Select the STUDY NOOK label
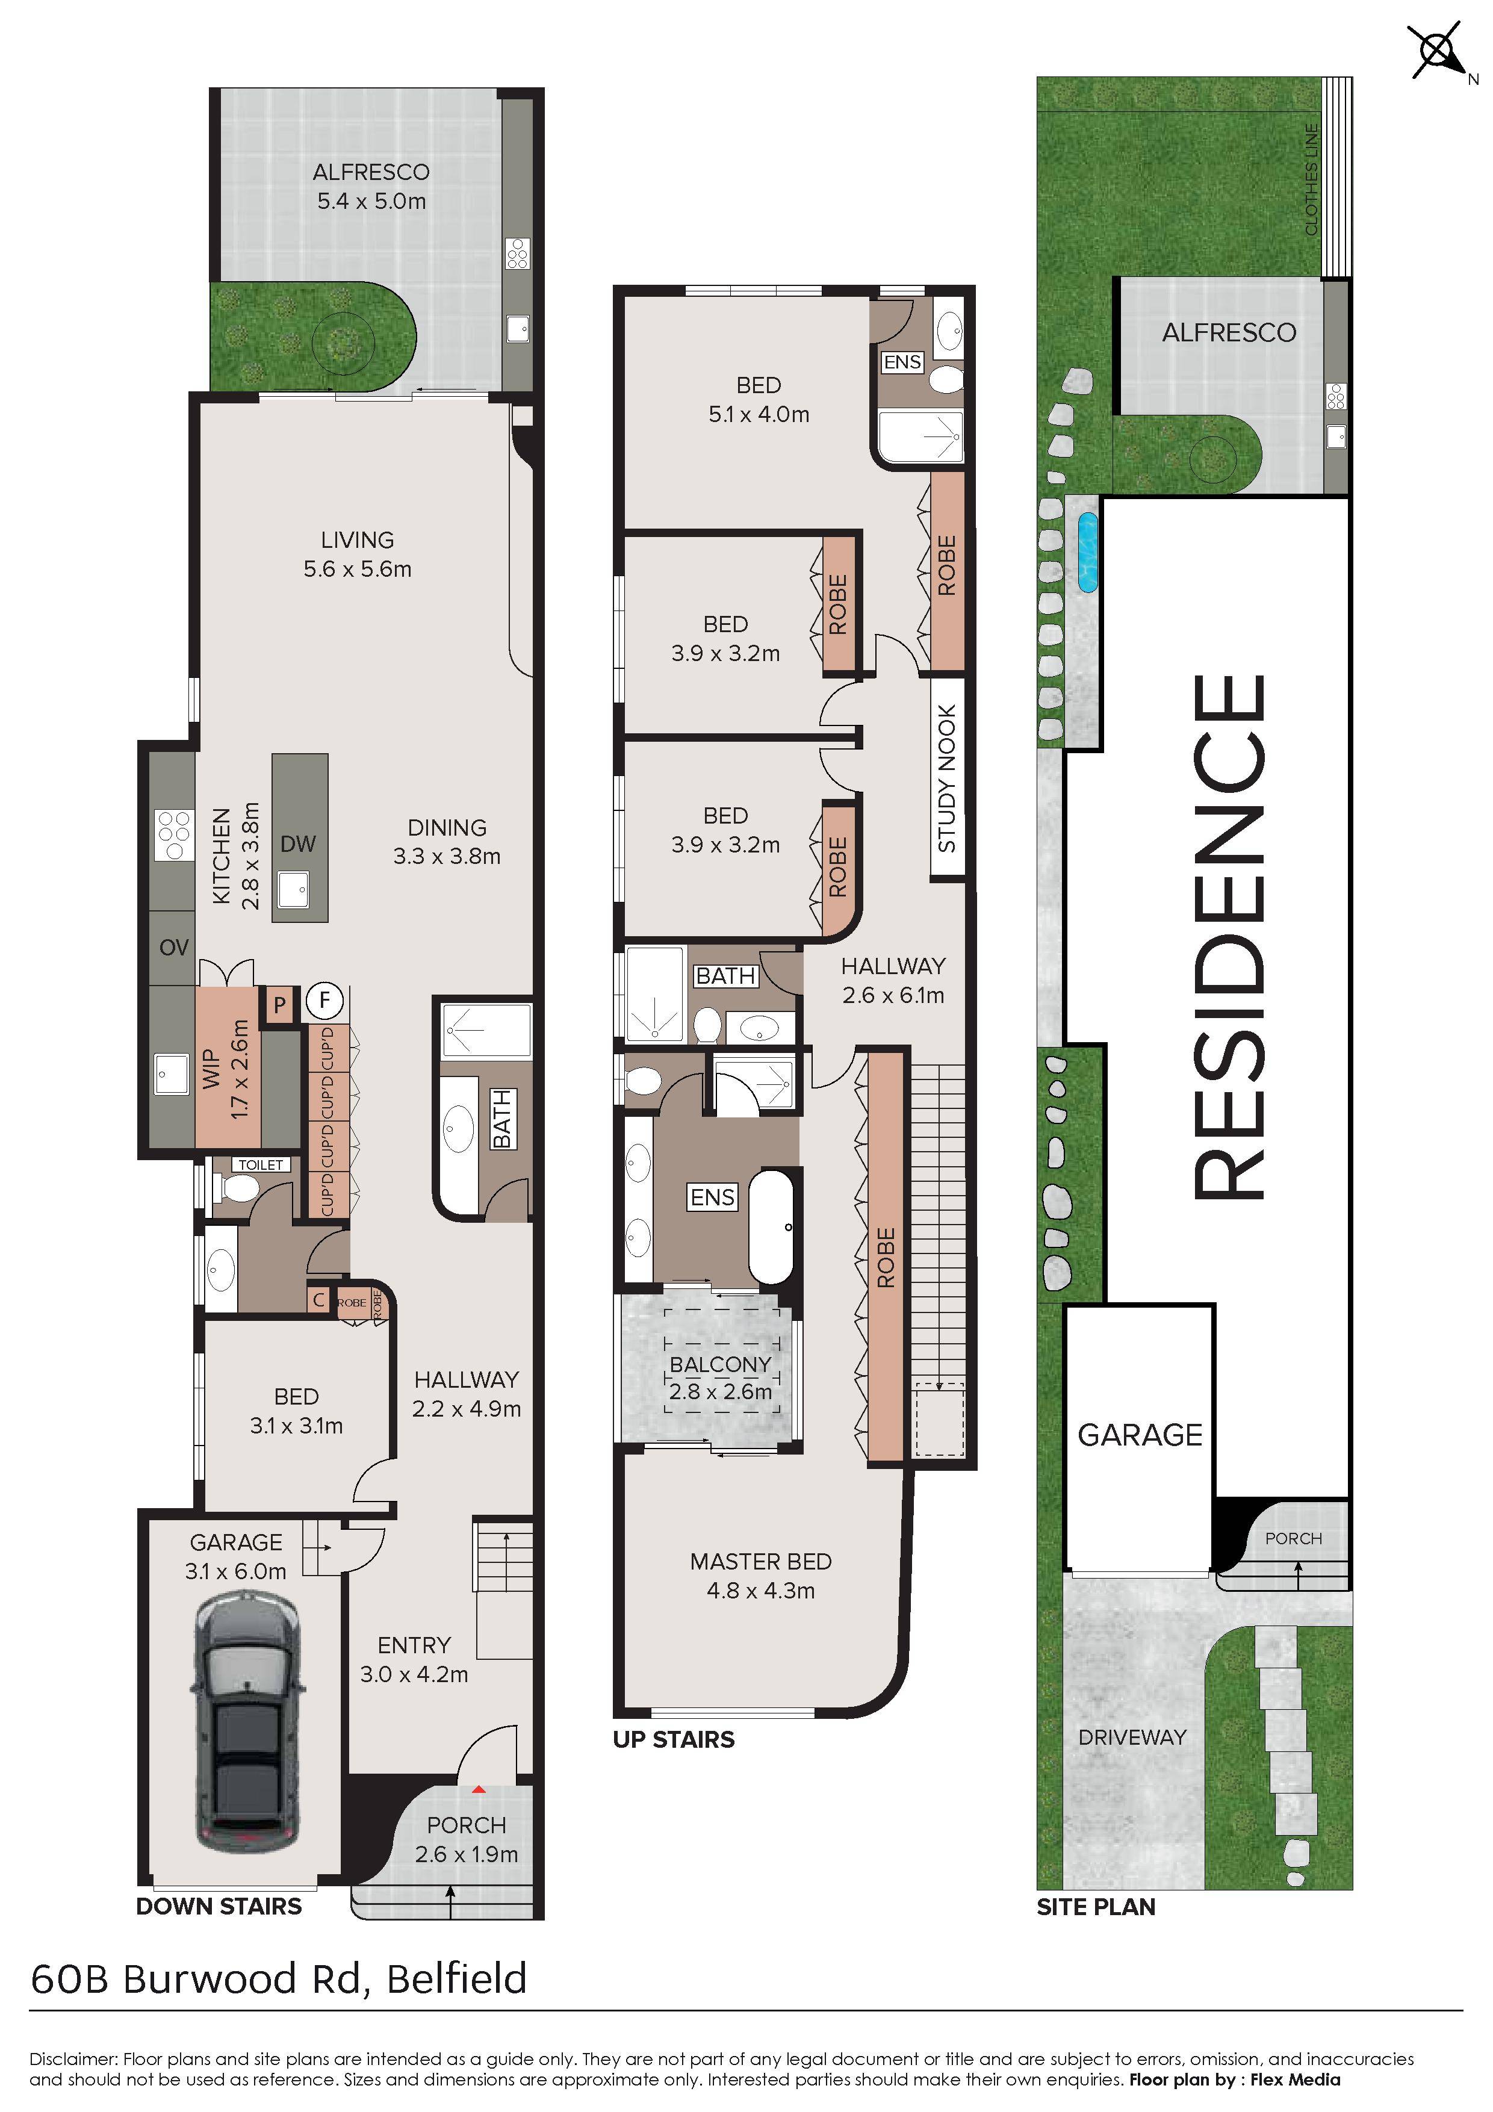coord(948,778)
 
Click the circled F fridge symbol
coord(324,1000)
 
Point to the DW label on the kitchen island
coord(298,843)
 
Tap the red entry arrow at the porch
coord(479,1789)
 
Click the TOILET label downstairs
coord(261,1164)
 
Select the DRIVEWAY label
coord(1132,1737)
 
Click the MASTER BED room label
coord(761,1561)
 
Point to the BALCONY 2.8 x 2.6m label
coord(720,1377)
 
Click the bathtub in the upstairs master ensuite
coord(771,1226)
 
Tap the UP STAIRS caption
coord(674,1739)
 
